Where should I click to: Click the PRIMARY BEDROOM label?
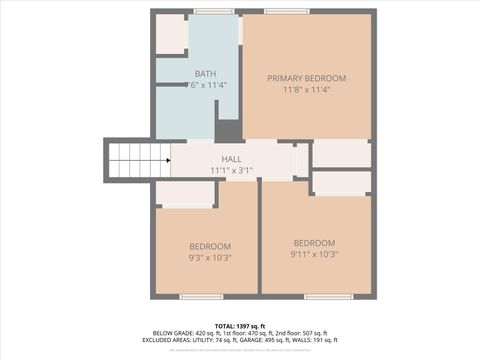(306, 78)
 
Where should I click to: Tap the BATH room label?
(205, 74)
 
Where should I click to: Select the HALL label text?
(231, 159)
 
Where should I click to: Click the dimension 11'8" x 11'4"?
(306, 90)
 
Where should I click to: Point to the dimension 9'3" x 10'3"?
(210, 257)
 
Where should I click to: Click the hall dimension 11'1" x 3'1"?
(231, 170)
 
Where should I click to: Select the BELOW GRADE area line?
(239, 334)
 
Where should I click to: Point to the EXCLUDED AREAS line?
(239, 341)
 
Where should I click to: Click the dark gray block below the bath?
(229, 130)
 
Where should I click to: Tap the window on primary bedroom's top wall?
(287, 11)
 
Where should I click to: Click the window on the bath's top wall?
(213, 11)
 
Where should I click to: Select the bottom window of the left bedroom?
(201, 296)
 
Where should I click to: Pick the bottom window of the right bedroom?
(328, 296)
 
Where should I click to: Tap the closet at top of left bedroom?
(186, 194)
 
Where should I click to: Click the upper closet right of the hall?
(341, 154)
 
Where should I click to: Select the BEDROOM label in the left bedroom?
(210, 246)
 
